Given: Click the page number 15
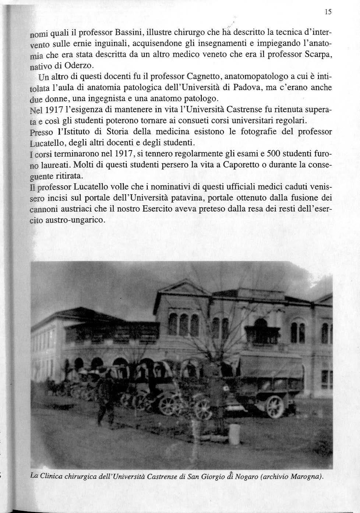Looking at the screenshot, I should click(328, 12).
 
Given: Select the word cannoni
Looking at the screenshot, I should click(42, 209).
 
